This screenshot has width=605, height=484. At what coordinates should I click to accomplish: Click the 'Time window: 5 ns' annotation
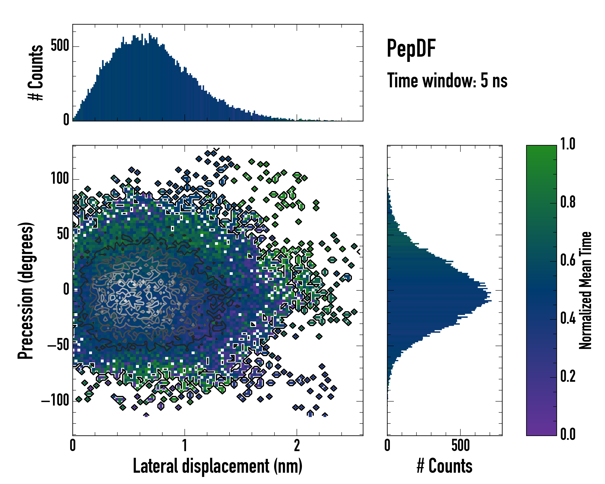[x=447, y=80]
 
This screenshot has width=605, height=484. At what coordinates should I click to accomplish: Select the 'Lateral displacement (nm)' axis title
[x=217, y=466]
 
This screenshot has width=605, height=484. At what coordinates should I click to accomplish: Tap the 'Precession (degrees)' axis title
[x=26, y=290]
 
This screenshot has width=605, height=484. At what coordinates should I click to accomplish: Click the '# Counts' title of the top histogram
[x=36, y=73]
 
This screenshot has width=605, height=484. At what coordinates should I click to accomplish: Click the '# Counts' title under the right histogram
[x=444, y=466]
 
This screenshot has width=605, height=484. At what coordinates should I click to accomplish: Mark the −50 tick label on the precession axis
[x=58, y=345]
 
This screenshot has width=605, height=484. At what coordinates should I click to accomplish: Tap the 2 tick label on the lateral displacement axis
[x=297, y=445]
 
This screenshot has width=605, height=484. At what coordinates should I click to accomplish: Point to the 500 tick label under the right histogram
[x=460, y=445]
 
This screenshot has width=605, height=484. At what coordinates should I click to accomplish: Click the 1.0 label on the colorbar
[x=568, y=144]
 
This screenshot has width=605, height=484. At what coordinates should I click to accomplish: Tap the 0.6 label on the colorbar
[x=568, y=260]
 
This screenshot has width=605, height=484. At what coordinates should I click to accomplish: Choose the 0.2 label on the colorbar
[x=568, y=376]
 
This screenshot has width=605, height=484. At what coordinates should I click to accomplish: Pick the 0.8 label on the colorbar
[x=568, y=202]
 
